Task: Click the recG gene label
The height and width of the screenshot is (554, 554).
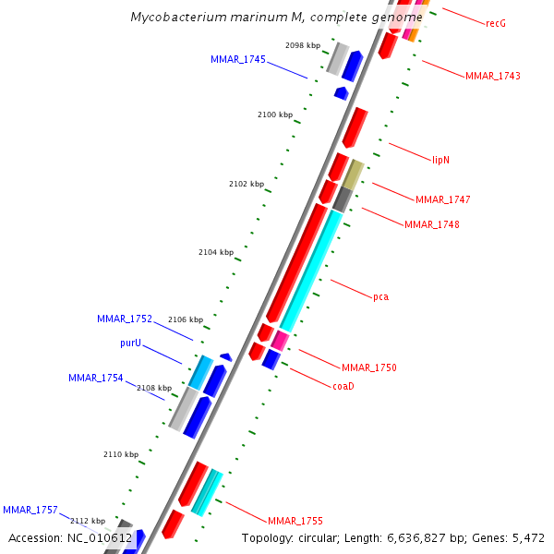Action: pyautogui.click(x=496, y=22)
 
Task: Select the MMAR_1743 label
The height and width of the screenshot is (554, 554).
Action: pyautogui.click(x=493, y=76)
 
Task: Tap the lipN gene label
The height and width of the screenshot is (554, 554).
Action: pyautogui.click(x=441, y=160)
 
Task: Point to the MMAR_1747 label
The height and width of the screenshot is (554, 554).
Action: pyautogui.click(x=443, y=199)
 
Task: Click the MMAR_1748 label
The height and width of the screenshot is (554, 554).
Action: pyautogui.click(x=432, y=224)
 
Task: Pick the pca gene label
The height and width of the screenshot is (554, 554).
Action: pyautogui.click(x=380, y=296)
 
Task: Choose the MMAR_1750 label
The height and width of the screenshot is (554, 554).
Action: pyautogui.click(x=369, y=367)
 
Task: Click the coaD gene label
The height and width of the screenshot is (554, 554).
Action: pyautogui.click(x=343, y=386)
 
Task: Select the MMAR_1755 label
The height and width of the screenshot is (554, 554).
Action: pyautogui.click(x=295, y=521)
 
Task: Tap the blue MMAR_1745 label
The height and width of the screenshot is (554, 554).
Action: pyautogui.click(x=238, y=59)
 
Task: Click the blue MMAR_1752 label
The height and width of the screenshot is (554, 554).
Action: pyautogui.click(x=125, y=319)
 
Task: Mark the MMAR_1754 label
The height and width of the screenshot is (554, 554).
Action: pyautogui.click(x=96, y=378)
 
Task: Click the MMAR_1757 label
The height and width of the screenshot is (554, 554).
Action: pyautogui.click(x=30, y=510)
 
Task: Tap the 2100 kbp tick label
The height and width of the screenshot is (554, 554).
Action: pyautogui.click(x=275, y=114)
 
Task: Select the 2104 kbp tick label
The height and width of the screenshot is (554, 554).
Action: pyautogui.click(x=216, y=252)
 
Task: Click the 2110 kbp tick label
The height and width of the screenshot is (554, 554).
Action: pyautogui.click(x=121, y=454)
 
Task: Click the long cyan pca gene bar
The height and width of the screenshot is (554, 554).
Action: pyautogui.click(x=314, y=268)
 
